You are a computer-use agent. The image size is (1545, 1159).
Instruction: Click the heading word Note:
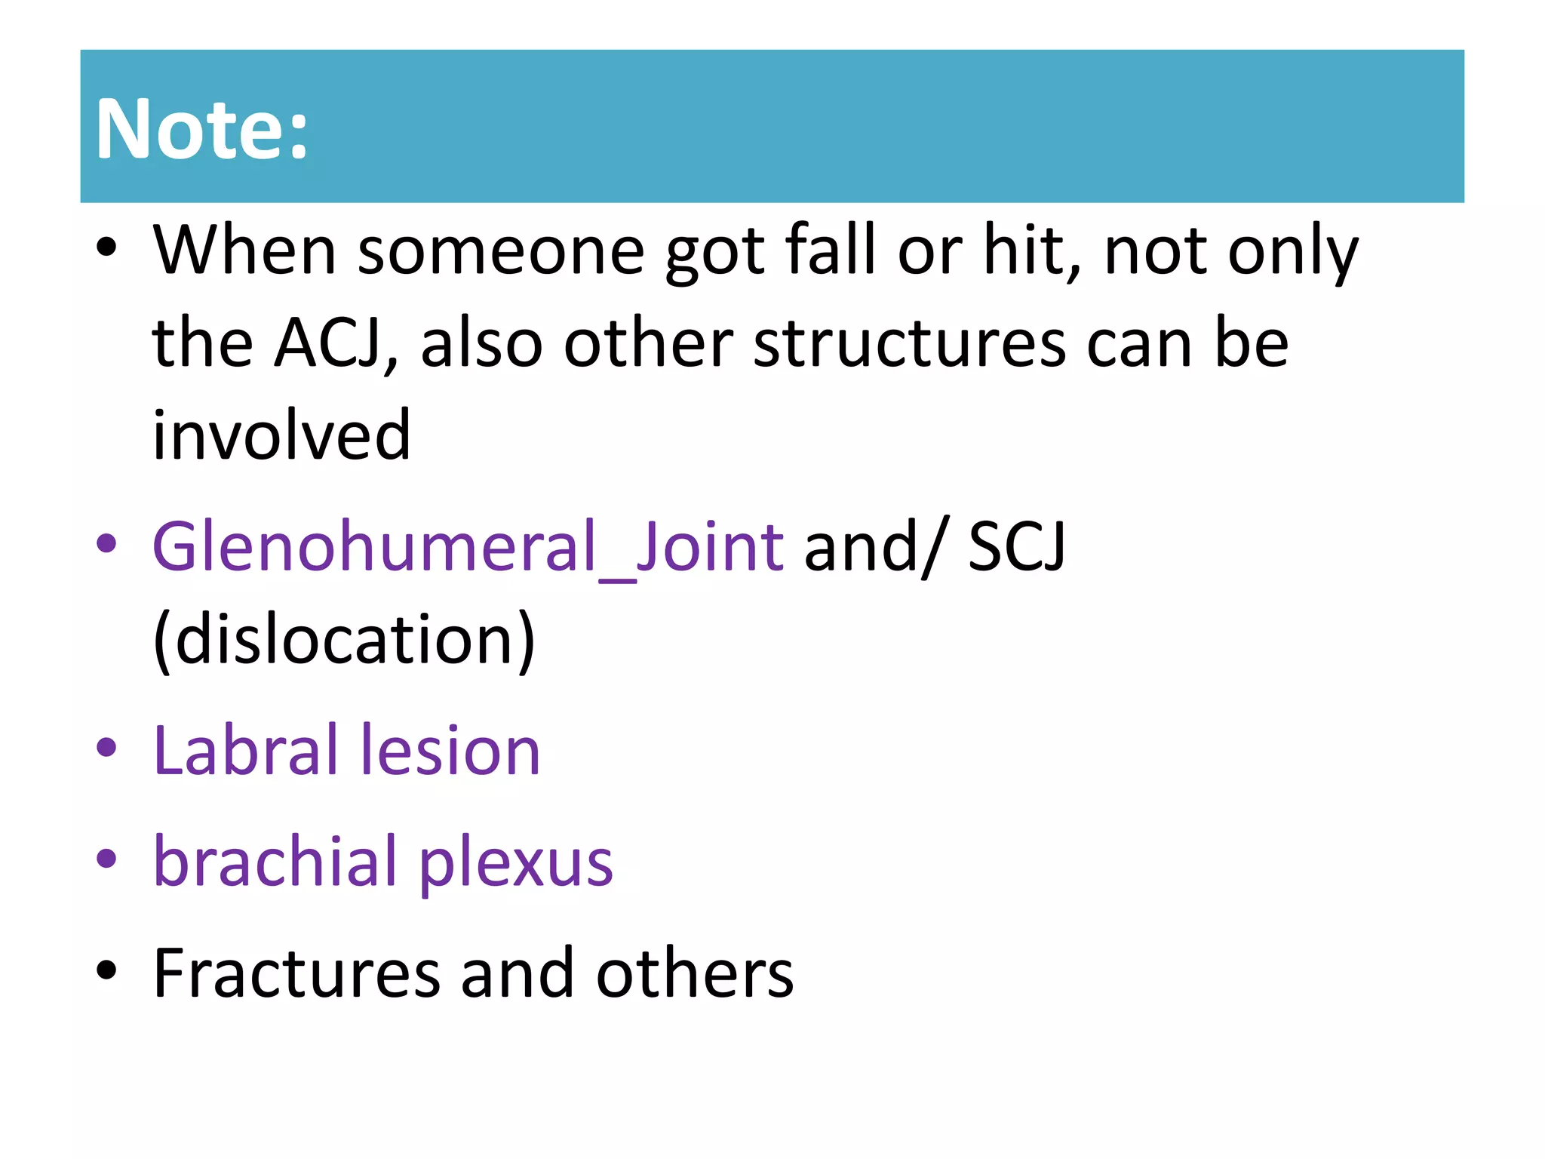(x=202, y=130)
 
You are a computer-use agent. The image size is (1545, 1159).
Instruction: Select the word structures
(x=909, y=344)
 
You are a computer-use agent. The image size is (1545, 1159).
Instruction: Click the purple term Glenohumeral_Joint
(x=468, y=546)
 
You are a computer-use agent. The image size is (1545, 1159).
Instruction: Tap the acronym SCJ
(x=1016, y=546)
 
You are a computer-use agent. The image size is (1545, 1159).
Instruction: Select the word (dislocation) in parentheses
(x=344, y=640)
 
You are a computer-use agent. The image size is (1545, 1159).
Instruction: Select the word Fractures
(x=296, y=973)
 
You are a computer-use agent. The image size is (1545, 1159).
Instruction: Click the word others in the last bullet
(x=695, y=973)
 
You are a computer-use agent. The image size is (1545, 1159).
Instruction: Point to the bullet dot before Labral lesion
(x=107, y=748)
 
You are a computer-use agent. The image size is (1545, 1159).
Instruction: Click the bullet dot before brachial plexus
(x=107, y=859)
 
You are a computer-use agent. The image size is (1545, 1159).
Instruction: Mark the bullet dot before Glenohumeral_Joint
(x=107, y=543)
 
